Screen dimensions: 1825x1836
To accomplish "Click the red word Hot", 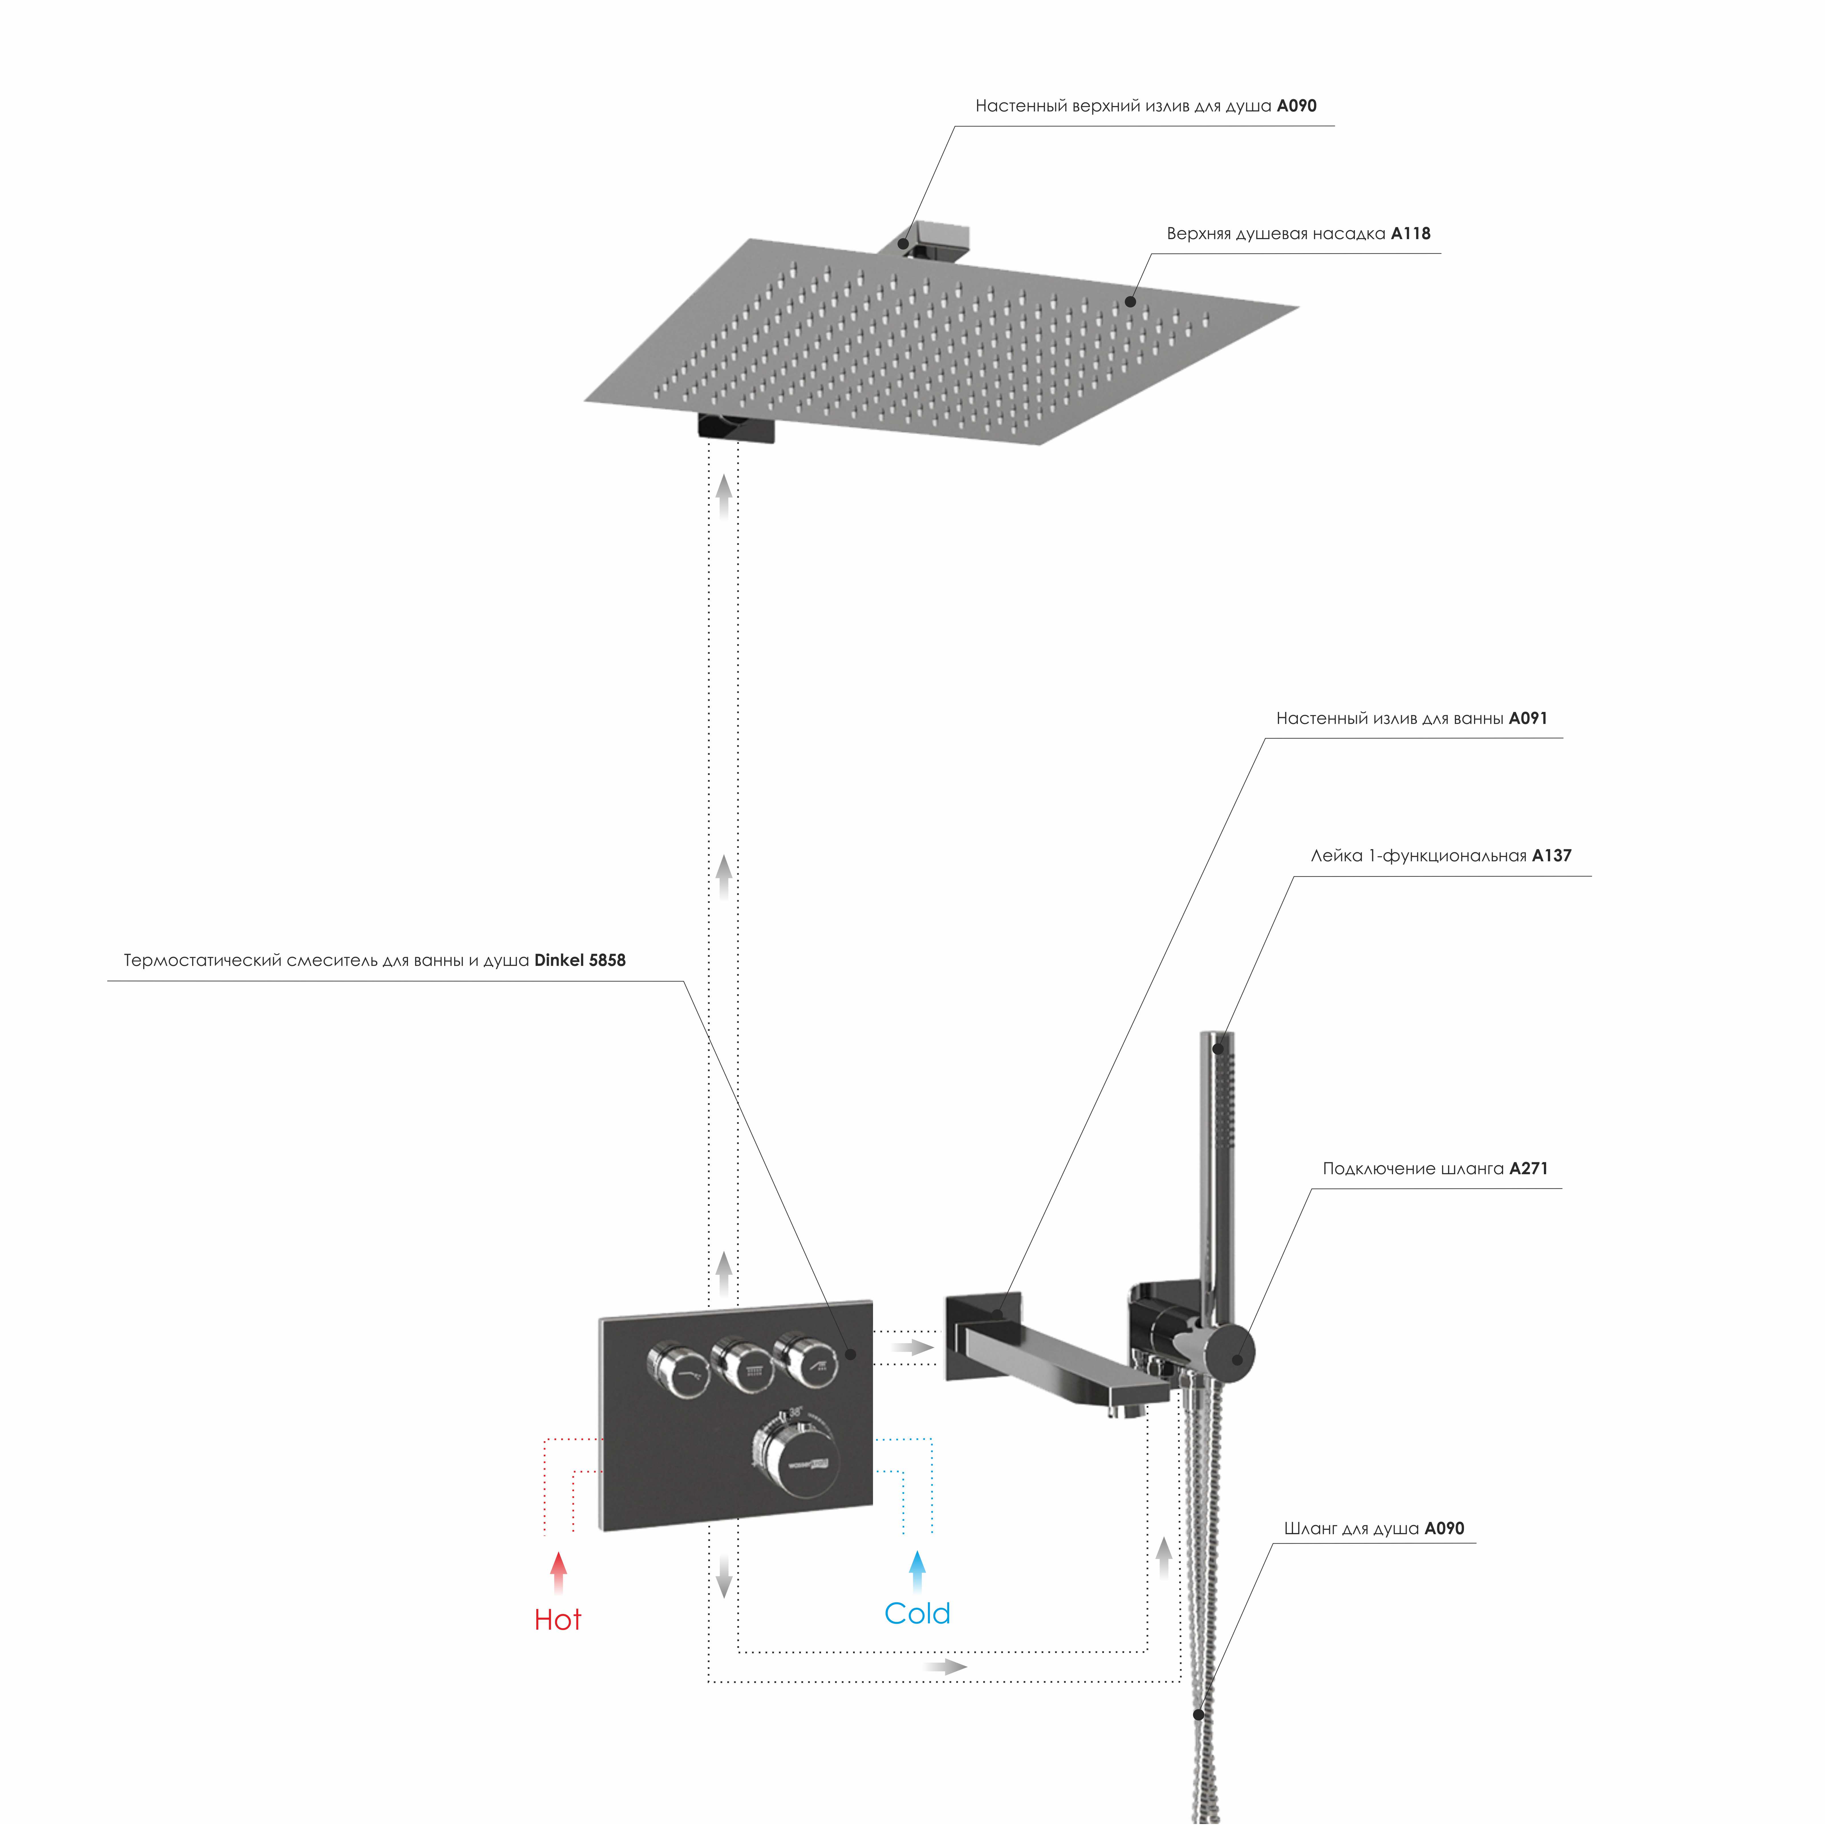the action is coord(558,1619).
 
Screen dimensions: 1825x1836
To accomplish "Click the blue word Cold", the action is coord(917,1613).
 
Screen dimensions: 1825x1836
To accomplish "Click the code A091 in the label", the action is coord(1528,718).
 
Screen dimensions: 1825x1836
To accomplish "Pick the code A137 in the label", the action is coord(1552,855).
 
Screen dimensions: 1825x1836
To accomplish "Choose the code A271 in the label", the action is coord(1528,1168).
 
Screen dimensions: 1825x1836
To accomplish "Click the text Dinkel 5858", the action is coord(580,960).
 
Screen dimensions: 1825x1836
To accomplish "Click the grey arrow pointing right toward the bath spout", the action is coord(912,1347).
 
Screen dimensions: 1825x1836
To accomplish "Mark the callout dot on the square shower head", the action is coord(1130,302).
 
